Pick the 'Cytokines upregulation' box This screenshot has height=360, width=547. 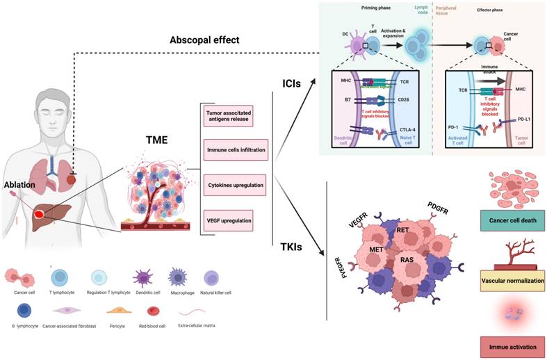227,186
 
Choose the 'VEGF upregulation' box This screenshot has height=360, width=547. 227,222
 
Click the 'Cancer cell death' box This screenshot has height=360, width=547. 512,222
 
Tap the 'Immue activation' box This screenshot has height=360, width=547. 512,345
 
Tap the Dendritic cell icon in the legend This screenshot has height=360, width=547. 142,279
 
